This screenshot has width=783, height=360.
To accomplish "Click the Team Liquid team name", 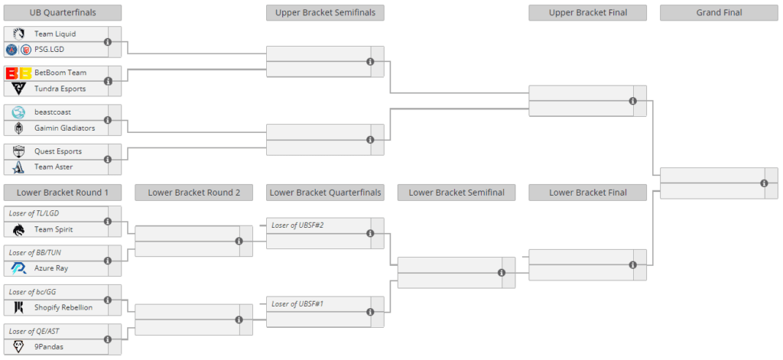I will coord(54,34).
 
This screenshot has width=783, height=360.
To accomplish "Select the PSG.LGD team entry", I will coord(49,50).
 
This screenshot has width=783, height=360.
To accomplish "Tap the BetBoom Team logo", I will coord(18,73).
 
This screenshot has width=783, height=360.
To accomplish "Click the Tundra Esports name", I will coord(59,89).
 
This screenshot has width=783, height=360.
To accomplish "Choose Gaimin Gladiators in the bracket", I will coord(64,128).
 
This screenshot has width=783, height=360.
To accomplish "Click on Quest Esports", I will coord(57,151).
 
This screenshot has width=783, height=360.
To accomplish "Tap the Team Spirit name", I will coord(54,229).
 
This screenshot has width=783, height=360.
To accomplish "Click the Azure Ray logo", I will coord(18,268).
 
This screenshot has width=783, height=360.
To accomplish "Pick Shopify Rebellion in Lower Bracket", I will coord(63,307).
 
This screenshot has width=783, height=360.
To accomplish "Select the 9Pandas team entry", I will coord(50,346).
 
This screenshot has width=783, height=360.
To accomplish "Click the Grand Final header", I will coord(719,12).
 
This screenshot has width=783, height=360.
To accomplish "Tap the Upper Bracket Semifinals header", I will coord(325,12).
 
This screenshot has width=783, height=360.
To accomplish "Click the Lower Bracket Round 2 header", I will coord(193,193).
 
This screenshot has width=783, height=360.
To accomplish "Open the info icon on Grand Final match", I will coord(764,183).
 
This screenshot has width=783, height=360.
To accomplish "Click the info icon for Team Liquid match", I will coord(108,42).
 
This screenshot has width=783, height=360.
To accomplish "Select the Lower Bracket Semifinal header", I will coord(456,193).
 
